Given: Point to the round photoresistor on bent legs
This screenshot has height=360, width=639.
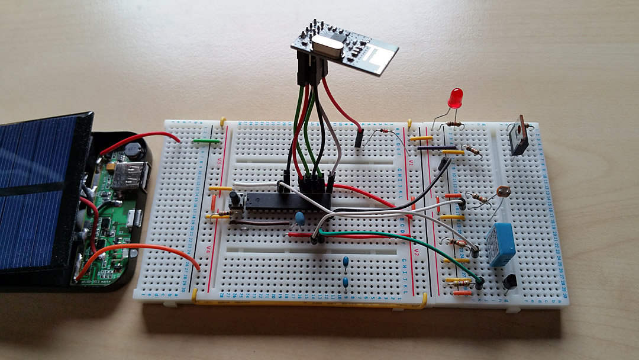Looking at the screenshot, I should point(503,192).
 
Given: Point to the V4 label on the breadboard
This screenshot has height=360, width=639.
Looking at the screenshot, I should point(209,250).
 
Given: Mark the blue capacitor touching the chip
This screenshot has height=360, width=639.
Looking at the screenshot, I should point(301,219).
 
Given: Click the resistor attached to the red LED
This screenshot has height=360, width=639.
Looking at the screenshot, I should point(454,124).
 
